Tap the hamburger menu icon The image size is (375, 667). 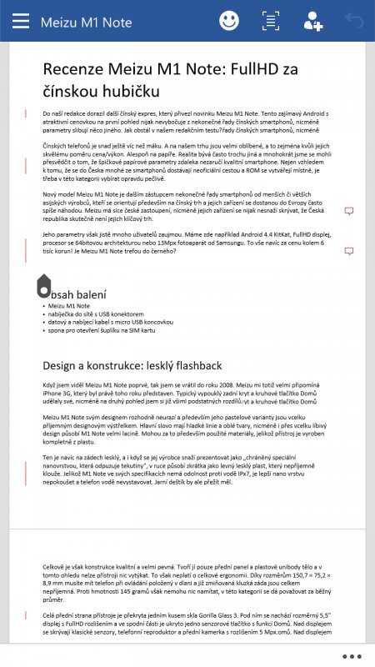click(21, 21)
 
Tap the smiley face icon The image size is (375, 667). click(228, 21)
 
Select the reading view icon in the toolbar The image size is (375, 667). click(271, 21)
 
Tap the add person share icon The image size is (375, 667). click(313, 21)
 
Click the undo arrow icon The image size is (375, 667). click(354, 21)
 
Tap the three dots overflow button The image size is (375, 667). click(352, 655)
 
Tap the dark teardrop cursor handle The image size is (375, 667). click(44, 286)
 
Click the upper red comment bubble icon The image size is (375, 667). click(348, 212)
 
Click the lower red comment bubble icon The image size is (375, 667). click(348, 251)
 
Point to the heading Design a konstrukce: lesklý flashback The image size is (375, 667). click(132, 365)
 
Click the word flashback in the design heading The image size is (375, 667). click(196, 365)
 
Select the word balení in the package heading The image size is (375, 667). click(78, 294)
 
